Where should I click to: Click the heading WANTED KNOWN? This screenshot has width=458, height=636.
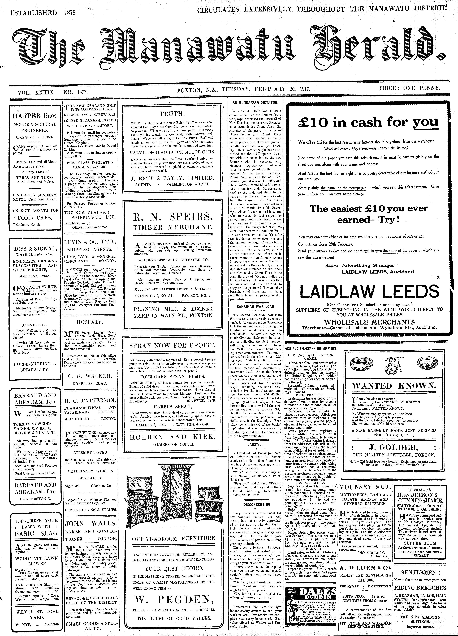[x=394, y=386]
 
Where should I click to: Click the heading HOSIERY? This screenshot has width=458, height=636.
[x=90, y=322]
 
